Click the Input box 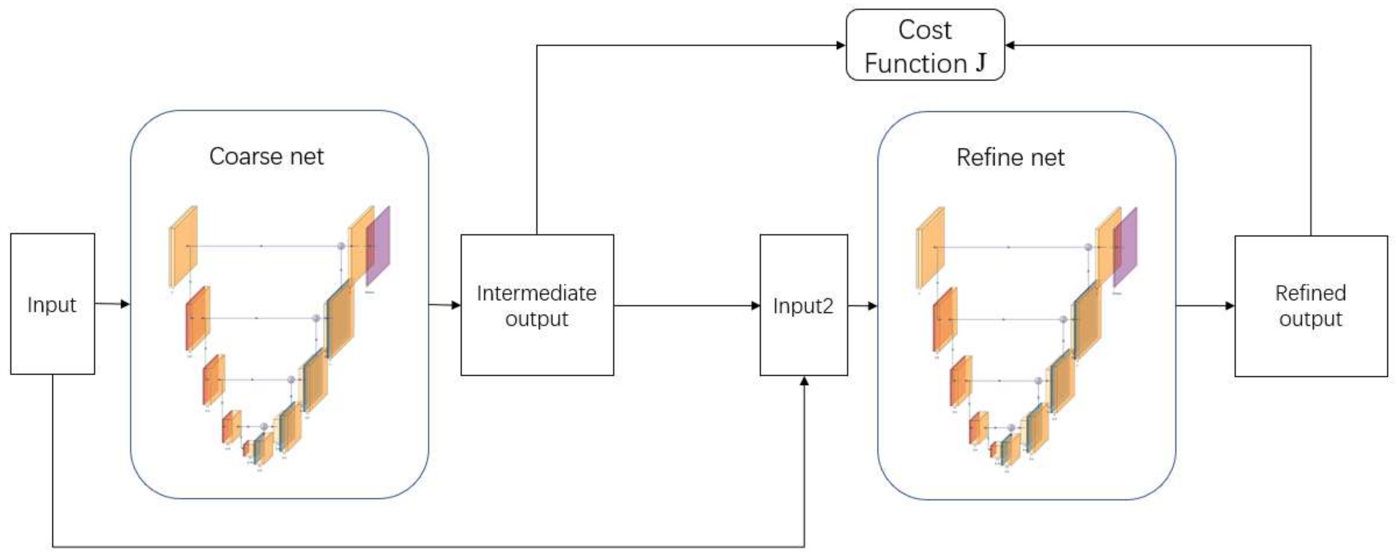pyautogui.click(x=53, y=304)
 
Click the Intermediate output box pyautogui.click(x=537, y=305)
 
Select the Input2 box pyautogui.click(x=803, y=305)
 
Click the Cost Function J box pyautogui.click(x=925, y=45)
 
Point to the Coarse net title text pyautogui.click(x=266, y=157)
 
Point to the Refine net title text pyautogui.click(x=1010, y=158)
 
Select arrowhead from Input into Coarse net pyautogui.click(x=125, y=304)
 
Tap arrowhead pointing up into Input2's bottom pyautogui.click(x=804, y=381)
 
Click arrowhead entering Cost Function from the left pyautogui.click(x=841, y=45)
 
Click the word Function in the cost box pyautogui.click(x=915, y=64)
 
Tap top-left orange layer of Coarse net pyautogui.click(x=183, y=247)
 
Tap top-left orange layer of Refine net pyautogui.click(x=930, y=248)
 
